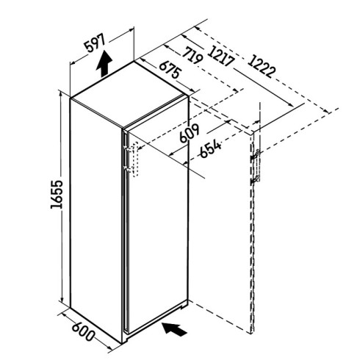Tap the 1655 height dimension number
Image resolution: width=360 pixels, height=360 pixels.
(x=57, y=194)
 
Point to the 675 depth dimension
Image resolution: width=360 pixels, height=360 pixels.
(x=170, y=70)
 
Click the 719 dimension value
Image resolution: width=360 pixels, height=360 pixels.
(x=193, y=55)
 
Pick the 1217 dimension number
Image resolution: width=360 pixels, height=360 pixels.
(x=221, y=56)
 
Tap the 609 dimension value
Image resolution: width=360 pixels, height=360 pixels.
(x=190, y=134)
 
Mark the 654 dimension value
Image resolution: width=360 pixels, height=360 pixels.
(x=211, y=148)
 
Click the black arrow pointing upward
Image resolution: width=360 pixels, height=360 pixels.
(x=104, y=63)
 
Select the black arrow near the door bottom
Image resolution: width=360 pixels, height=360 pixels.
(x=175, y=330)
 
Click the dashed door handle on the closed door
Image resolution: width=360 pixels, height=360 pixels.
(x=135, y=159)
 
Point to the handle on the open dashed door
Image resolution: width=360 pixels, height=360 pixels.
(x=257, y=167)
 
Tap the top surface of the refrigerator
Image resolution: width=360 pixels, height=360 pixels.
(x=129, y=95)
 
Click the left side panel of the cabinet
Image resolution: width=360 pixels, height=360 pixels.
(x=96, y=220)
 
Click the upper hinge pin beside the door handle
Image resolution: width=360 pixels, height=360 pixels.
(x=126, y=148)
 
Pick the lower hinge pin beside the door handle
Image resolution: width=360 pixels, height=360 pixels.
(x=126, y=168)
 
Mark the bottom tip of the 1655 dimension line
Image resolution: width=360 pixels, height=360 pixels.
(x=62, y=302)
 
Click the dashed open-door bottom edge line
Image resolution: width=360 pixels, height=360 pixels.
(x=220, y=317)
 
